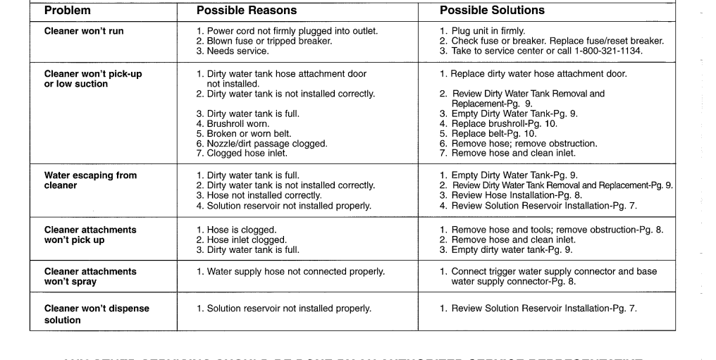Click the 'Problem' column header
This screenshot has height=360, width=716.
(x=67, y=11)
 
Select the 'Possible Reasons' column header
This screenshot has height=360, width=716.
(x=247, y=11)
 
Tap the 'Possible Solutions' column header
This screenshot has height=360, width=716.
(x=492, y=11)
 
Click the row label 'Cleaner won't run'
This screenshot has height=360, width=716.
(x=84, y=31)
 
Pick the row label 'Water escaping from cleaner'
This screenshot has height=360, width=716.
(x=90, y=180)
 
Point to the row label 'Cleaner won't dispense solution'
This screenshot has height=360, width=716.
(x=97, y=314)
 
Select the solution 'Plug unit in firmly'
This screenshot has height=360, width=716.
(x=488, y=31)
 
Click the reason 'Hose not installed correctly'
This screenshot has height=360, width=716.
(x=264, y=195)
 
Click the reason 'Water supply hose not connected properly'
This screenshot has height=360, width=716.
(x=295, y=271)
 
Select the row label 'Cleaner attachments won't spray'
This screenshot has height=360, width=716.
(x=90, y=276)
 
